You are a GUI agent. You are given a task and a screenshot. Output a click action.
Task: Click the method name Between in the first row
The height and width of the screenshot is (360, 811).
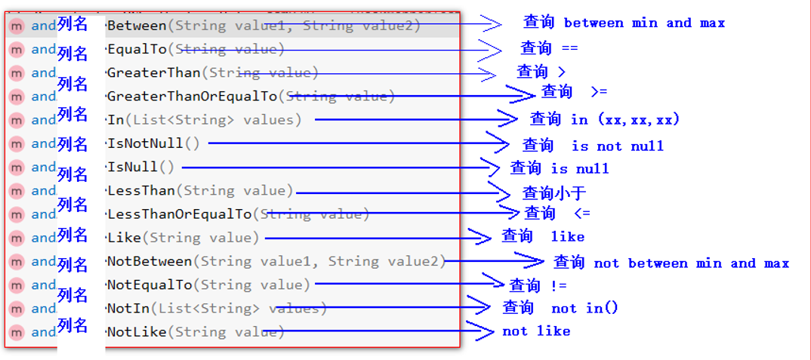[137, 26]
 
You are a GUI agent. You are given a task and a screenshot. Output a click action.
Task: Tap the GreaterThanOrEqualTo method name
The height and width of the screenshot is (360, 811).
[192, 96]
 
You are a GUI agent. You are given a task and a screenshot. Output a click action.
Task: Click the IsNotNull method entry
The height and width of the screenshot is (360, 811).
[145, 143]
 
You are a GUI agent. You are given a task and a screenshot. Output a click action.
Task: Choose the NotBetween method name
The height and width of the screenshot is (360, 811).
[150, 261]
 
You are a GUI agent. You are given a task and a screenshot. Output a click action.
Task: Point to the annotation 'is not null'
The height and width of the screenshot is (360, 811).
[617, 146]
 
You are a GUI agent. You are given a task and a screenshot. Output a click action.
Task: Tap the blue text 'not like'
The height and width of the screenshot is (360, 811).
[536, 331]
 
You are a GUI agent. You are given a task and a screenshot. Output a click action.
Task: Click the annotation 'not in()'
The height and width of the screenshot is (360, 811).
[584, 308]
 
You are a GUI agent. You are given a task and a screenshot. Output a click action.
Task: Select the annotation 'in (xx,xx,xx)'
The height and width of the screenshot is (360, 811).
[625, 119]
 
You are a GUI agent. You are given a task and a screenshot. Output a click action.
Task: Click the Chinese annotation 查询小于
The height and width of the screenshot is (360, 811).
[554, 192]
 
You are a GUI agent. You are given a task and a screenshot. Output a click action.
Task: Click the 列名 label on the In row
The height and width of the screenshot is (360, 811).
[72, 114]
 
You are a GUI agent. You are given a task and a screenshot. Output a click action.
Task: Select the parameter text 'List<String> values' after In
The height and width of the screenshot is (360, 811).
[215, 119]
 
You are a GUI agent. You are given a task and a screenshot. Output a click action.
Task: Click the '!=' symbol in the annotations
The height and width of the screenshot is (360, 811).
[558, 285]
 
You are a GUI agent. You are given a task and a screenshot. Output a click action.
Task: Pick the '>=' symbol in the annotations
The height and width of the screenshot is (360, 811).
[598, 91]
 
